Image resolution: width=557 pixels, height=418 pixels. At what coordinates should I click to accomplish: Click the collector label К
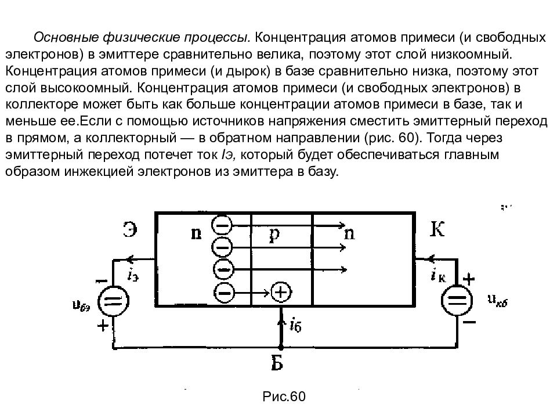point(437,229)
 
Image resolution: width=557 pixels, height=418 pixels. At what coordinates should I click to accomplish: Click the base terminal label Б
point(277,363)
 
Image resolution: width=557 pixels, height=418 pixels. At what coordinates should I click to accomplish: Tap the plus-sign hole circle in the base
point(281,292)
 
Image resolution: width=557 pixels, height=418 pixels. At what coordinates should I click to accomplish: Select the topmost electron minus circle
point(222,225)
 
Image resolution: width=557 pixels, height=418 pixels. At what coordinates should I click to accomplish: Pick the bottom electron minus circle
point(224,293)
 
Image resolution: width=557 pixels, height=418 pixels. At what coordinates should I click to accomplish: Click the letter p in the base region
point(274,234)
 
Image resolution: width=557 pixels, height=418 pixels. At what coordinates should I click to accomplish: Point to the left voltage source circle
point(113,301)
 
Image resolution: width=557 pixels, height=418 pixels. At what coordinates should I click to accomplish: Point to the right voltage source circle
point(457,300)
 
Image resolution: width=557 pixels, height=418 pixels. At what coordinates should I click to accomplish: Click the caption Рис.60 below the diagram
point(284,397)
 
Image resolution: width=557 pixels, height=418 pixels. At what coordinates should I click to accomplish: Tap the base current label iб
point(295,325)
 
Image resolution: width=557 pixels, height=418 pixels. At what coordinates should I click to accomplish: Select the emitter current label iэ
point(133,275)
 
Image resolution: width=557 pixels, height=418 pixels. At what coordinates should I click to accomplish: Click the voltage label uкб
point(497,301)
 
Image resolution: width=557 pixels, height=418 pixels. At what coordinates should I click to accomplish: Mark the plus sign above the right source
point(469,279)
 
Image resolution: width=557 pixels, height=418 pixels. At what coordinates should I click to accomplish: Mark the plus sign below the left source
point(103,325)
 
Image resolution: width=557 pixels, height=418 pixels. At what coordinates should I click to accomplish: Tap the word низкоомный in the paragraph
point(472,54)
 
